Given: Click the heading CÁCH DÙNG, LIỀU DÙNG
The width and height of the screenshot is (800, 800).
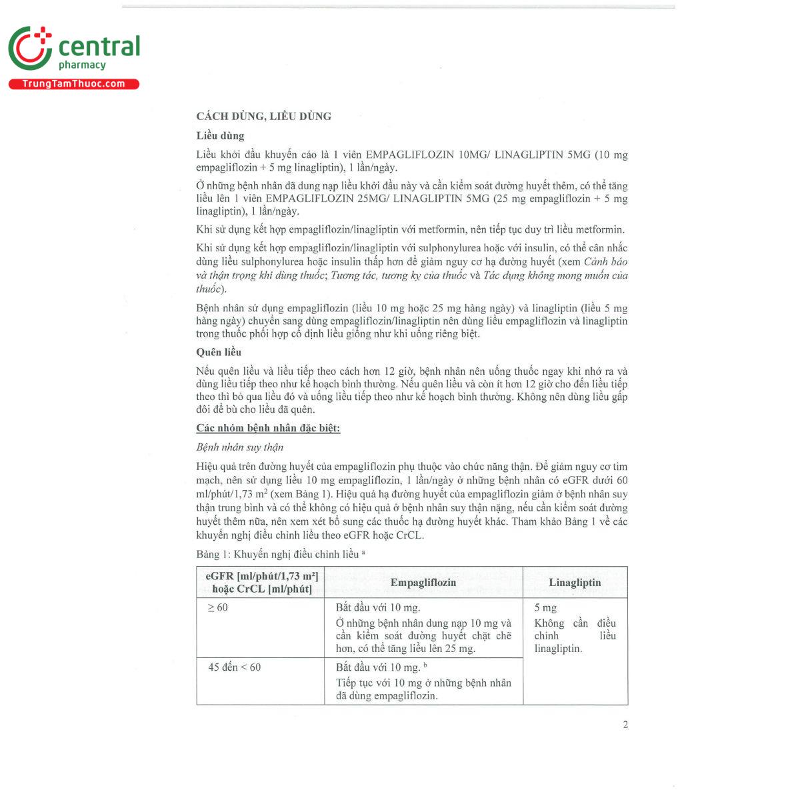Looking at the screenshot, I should tap(263, 117).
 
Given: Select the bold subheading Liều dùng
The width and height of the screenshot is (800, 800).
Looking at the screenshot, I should tap(220, 136).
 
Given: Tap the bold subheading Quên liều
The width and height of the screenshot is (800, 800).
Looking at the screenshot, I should tap(219, 352).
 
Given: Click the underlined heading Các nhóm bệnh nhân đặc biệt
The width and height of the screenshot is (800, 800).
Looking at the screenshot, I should tap(268, 428).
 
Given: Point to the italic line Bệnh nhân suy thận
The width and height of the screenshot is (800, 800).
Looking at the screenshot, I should tap(240, 447).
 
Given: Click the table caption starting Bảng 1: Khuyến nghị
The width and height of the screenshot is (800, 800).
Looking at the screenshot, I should tap(280, 554).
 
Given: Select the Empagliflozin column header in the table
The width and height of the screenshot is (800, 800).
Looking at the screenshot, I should tap(423, 583).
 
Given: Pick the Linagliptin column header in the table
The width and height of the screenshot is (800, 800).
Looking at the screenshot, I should tap(575, 583).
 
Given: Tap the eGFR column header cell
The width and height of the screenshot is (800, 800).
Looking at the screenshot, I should tap(261, 582).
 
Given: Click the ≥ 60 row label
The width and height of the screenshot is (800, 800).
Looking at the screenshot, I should tap(218, 607).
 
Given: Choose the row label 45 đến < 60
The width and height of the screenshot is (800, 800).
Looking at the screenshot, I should tap(234, 667).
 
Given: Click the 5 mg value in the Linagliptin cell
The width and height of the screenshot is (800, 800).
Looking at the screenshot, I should tap(545, 608).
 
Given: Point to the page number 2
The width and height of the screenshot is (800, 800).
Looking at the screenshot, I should tap(625, 725).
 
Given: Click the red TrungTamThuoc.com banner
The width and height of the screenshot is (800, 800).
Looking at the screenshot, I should tap(73, 84).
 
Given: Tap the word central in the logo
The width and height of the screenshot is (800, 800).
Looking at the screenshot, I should tap(99, 47).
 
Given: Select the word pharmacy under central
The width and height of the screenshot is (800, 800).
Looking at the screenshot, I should tap(82, 65).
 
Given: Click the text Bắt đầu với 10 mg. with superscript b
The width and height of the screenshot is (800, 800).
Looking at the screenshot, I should tap(379, 667).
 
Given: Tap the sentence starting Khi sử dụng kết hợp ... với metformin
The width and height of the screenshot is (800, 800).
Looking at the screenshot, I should tap(410, 230).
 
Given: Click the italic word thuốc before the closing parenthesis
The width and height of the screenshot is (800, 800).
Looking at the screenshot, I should tap(208, 289).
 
